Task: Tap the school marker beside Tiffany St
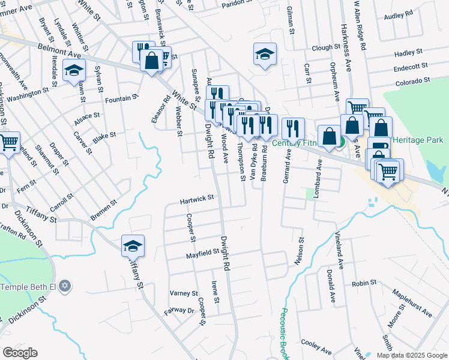point(133,245)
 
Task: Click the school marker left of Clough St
point(265,54)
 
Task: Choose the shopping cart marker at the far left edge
point(8,143)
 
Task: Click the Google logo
point(20,353)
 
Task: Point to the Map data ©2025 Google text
point(411,355)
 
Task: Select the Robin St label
point(364,282)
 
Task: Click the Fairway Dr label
point(179,311)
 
